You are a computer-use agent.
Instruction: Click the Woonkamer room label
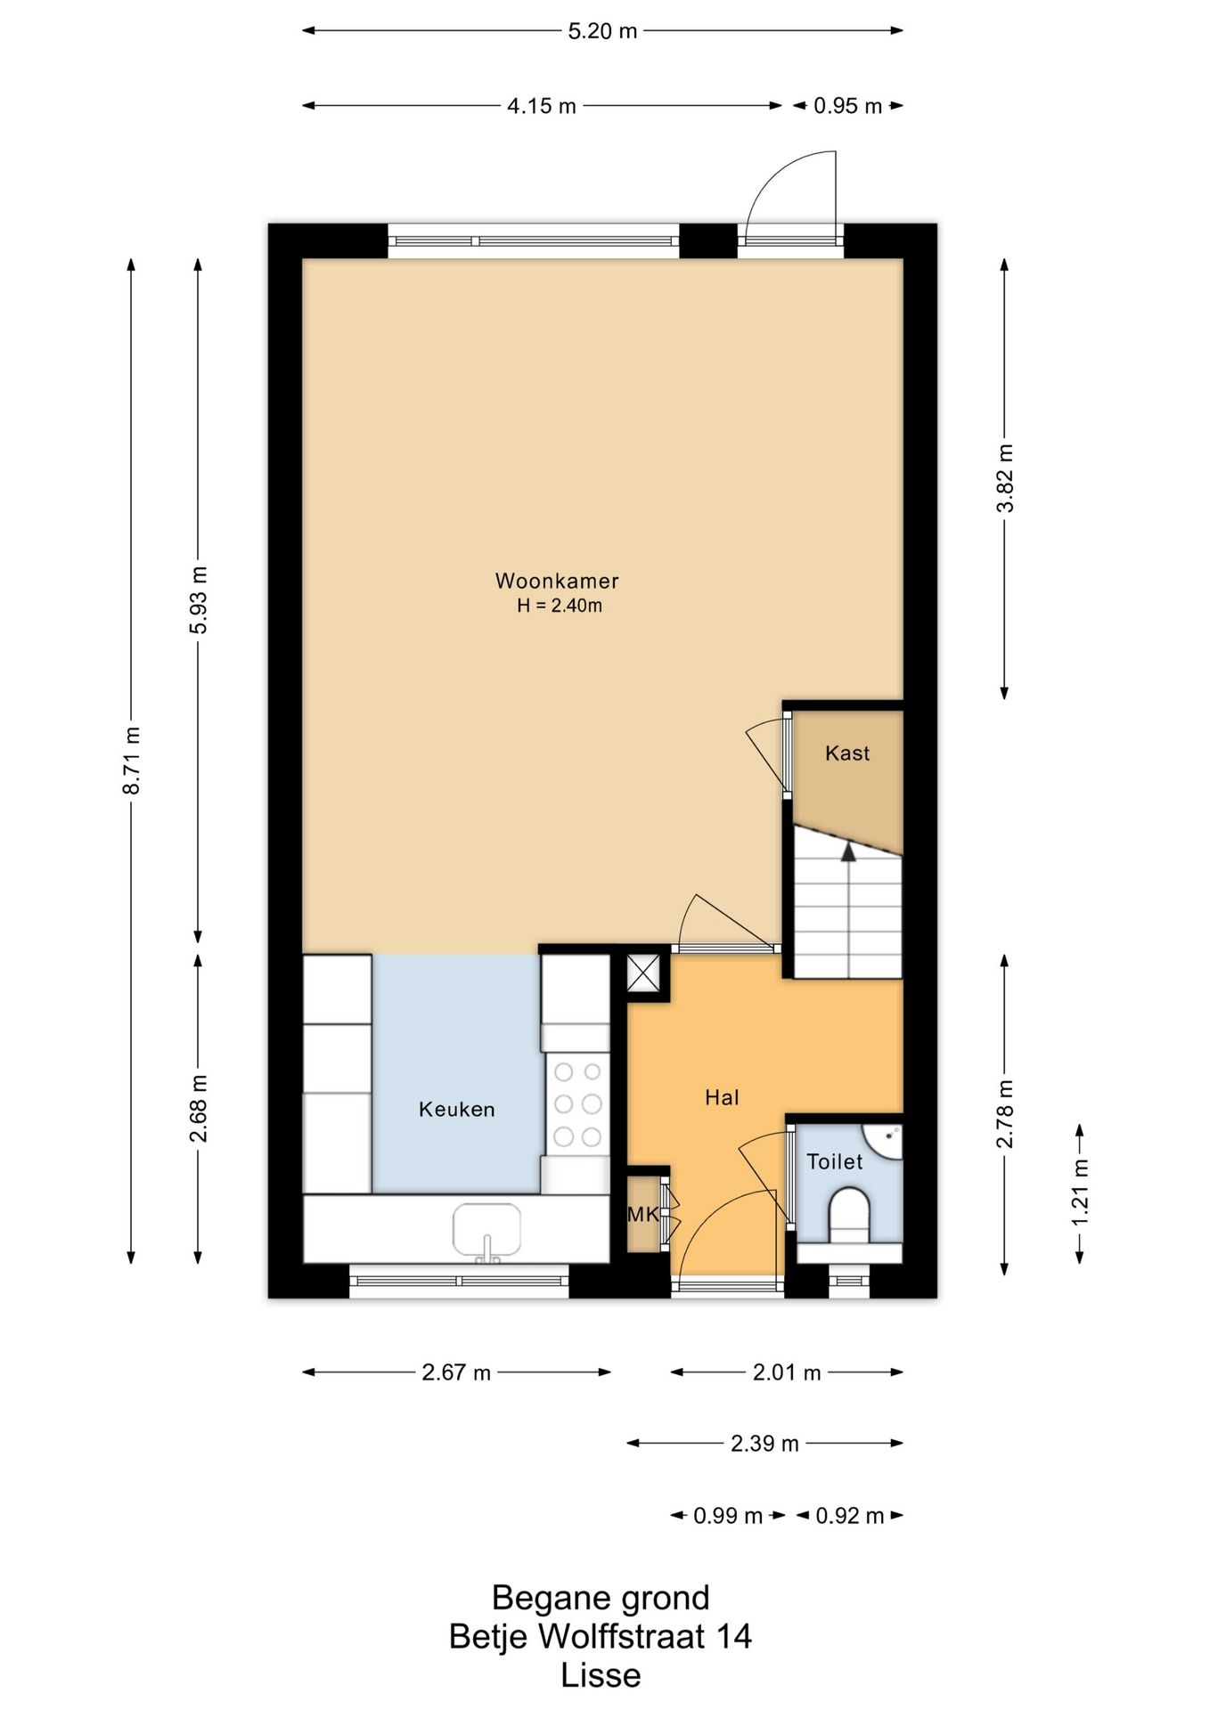[557, 581]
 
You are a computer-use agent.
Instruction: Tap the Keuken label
[457, 1109]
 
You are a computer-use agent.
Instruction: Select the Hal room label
[722, 1097]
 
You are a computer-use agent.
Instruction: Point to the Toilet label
[835, 1161]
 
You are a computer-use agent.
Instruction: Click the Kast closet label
[847, 753]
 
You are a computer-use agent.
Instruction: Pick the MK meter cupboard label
[643, 1214]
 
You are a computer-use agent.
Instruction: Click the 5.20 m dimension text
[603, 31]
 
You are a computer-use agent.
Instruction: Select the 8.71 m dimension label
[132, 761]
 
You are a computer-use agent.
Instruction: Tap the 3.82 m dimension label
[1005, 478]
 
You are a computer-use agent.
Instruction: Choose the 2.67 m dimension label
[456, 1372]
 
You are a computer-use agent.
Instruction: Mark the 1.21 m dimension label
[1080, 1192]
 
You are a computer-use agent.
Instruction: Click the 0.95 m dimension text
[847, 106]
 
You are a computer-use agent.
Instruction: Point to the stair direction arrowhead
[848, 851]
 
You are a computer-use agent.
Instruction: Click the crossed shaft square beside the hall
[643, 973]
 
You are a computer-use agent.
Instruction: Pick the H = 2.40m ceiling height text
[560, 607]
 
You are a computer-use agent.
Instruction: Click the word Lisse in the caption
[601, 1675]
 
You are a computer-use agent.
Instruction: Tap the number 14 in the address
[734, 1636]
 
